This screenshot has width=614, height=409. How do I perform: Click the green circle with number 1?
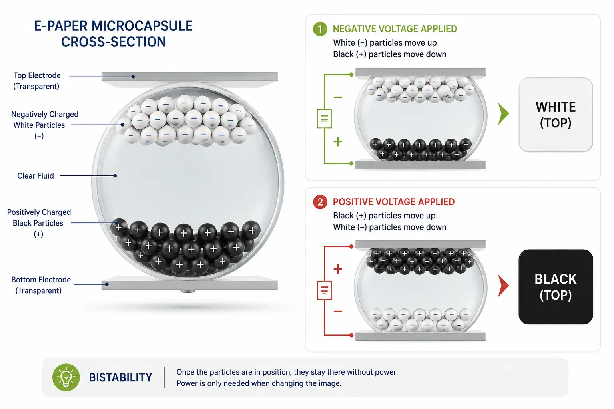tap(320, 29)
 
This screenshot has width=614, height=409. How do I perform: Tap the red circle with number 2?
tap(320, 202)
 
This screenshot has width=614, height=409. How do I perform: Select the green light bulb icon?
tap(66, 377)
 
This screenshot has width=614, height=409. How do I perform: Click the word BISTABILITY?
tap(120, 377)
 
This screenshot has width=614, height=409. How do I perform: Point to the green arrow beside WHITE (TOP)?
tap(503, 114)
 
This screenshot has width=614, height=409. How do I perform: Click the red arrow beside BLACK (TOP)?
tap(503, 286)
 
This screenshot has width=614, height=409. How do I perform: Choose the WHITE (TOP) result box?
tap(556, 115)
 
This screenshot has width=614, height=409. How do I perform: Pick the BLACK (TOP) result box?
tap(556, 287)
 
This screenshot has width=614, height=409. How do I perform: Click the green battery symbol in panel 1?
tap(324, 119)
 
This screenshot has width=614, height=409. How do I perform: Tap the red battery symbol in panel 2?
tap(324, 290)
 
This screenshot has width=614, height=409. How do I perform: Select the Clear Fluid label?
tap(35, 176)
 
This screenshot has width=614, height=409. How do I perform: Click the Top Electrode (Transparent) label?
tap(37, 81)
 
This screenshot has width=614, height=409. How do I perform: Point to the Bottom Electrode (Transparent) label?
tap(40, 285)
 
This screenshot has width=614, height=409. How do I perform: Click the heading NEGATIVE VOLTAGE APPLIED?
tap(395, 29)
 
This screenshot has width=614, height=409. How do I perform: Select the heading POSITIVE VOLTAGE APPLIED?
tap(394, 202)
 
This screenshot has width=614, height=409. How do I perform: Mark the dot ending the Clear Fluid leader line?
tap(115, 176)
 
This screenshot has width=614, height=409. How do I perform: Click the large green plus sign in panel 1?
tap(338, 142)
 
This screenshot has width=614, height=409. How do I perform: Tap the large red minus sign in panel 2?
tap(338, 311)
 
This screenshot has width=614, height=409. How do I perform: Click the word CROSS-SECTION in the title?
tap(113, 42)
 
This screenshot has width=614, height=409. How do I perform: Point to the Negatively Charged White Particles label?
tap(44, 125)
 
